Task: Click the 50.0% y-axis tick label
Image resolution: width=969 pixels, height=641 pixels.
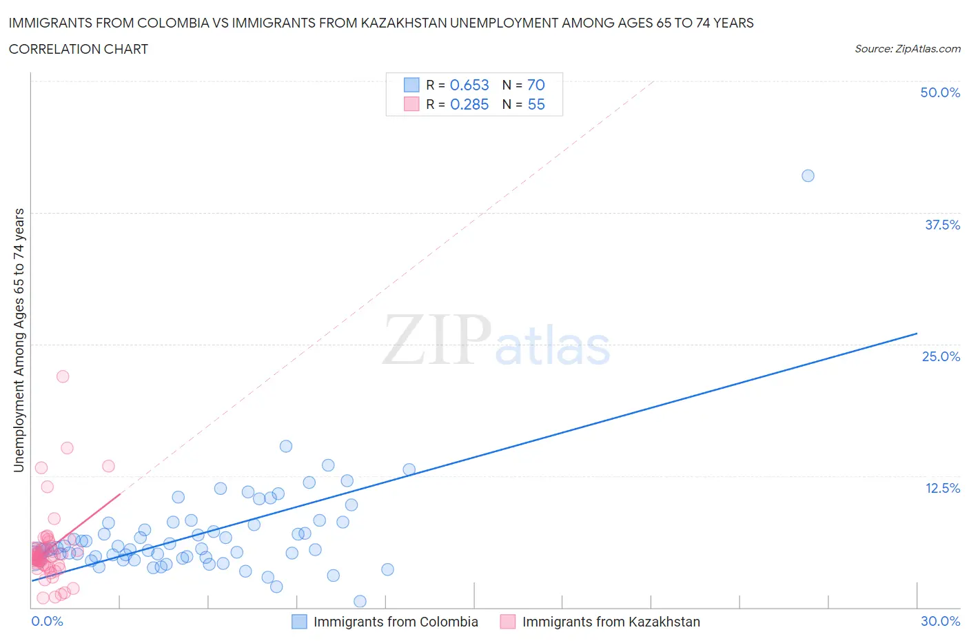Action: [940, 92]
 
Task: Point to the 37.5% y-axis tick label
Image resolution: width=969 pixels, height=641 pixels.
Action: [942, 225]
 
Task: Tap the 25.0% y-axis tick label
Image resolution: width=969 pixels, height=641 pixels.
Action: [941, 356]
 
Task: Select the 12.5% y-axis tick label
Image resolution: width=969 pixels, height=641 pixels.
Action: [942, 488]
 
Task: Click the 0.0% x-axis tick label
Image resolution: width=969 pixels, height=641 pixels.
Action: [47, 621]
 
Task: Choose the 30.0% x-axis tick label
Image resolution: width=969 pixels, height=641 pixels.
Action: [940, 621]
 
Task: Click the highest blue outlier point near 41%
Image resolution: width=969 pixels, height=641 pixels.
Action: [808, 176]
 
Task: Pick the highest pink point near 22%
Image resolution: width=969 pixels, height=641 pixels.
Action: [63, 376]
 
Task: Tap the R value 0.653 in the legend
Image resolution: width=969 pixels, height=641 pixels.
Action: [469, 85]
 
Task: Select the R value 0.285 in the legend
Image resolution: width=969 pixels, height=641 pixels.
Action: [469, 104]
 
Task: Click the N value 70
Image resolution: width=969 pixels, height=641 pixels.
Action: [535, 85]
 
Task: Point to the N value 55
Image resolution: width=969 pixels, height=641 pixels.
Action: [535, 104]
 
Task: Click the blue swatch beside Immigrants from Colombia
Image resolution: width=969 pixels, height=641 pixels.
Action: [299, 622]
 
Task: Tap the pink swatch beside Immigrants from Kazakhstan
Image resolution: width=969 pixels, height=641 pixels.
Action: [508, 622]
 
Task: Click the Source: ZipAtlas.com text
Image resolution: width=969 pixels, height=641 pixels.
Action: [907, 49]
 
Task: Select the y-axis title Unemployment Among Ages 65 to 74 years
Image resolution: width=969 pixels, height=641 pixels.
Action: [19, 340]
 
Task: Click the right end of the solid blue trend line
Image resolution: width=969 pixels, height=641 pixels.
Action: [917, 334]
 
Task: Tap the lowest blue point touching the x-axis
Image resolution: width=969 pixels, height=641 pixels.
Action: [360, 601]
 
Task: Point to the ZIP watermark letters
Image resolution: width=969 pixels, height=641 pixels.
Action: [436, 340]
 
